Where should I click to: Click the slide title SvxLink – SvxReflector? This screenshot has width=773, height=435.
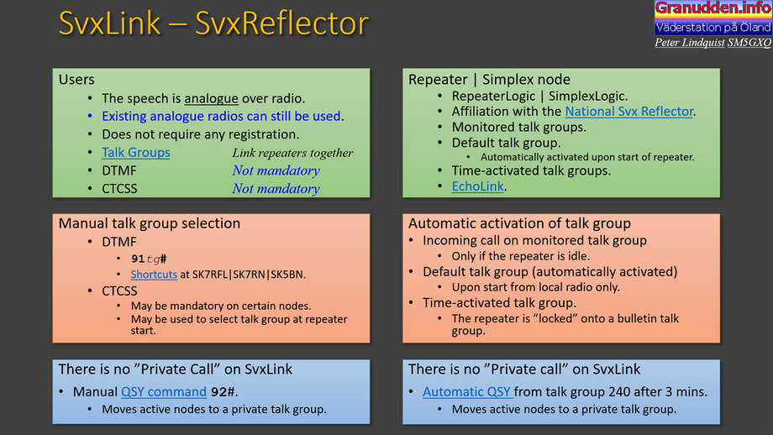[x=213, y=24]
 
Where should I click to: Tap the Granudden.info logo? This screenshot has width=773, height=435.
[x=713, y=18]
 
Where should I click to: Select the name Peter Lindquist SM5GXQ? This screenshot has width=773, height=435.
[x=713, y=43]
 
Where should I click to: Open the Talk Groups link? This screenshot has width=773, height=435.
[x=136, y=153]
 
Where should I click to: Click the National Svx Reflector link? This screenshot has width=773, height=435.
[x=629, y=112]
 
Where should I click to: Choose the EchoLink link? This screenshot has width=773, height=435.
[x=478, y=186]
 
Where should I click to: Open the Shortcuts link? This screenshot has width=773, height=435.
[x=154, y=275]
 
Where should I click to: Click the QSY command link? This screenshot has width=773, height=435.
[x=164, y=391]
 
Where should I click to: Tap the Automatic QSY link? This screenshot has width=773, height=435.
[x=467, y=391]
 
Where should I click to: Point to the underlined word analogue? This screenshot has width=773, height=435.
[x=211, y=98]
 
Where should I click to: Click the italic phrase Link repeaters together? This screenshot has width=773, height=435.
[x=293, y=153]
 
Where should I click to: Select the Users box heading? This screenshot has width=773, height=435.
[x=76, y=79]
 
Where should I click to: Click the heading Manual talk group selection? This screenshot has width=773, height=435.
[x=150, y=223]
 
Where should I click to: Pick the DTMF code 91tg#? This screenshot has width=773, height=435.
[x=149, y=259]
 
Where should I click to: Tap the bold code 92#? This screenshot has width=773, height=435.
[x=223, y=391]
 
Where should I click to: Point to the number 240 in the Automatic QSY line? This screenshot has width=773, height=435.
[x=618, y=391]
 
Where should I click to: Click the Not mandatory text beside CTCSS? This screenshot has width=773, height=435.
[x=276, y=189]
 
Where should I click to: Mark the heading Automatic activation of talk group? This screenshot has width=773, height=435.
[x=519, y=223]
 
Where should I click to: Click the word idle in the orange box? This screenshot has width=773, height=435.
[x=579, y=256]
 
